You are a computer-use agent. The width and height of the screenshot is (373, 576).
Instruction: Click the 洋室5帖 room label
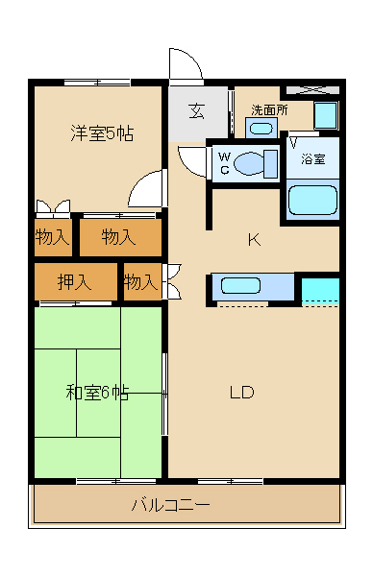click(100, 133)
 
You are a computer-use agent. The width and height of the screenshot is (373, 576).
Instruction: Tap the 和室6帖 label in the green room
click(97, 392)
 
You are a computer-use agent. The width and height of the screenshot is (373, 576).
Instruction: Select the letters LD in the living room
click(241, 392)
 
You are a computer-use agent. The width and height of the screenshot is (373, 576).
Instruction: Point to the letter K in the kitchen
click(254, 240)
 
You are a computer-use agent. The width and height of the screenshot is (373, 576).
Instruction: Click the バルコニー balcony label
click(169, 503)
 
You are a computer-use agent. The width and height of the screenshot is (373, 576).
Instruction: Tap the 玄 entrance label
click(195, 111)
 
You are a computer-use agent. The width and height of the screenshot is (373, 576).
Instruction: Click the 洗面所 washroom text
click(269, 110)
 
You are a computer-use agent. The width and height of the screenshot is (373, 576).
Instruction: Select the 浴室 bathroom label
click(312, 158)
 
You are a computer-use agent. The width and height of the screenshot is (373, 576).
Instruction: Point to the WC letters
click(223, 163)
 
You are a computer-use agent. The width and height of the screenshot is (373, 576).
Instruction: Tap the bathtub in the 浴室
click(312, 200)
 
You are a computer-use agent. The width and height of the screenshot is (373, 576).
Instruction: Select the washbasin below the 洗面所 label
click(261, 128)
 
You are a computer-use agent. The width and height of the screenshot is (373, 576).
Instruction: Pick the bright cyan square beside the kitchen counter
click(320, 291)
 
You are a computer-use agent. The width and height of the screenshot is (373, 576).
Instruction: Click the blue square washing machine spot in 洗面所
click(326, 115)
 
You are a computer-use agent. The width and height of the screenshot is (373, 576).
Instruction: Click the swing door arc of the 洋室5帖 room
click(146, 190)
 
